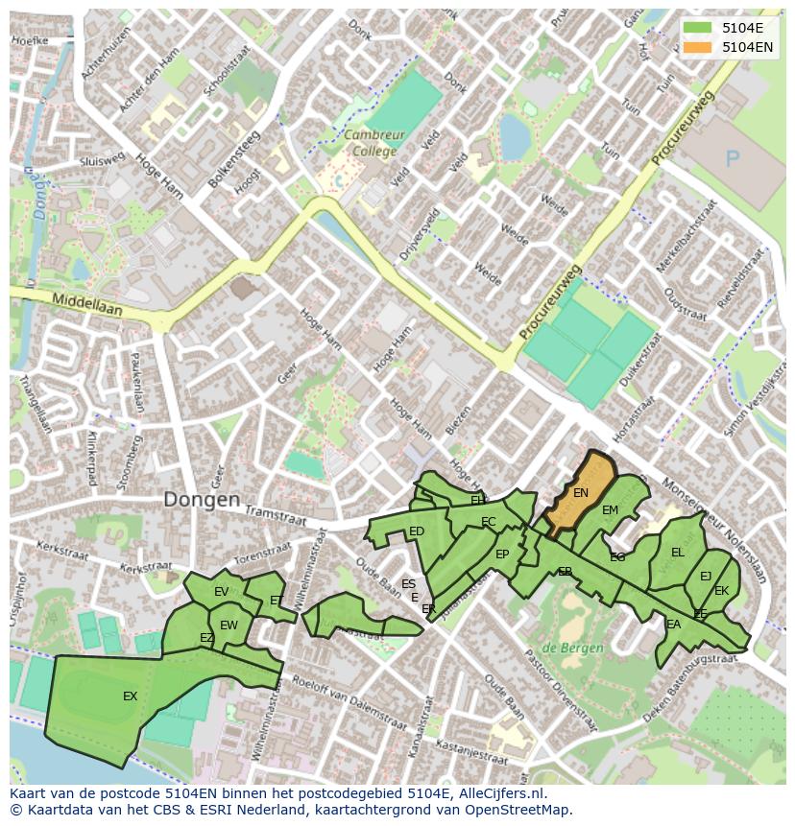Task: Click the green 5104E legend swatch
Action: (698, 28)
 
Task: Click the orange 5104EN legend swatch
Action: (698, 46)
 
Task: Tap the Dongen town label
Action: (202, 500)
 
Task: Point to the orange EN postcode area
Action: (580, 493)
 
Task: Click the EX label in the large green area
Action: (131, 696)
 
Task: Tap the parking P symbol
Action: (734, 158)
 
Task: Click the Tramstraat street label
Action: (277, 516)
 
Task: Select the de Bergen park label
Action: (572, 648)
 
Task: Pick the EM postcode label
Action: (610, 510)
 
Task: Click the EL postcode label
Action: (678, 553)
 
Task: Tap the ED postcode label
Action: (417, 531)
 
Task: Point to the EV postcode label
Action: (221, 592)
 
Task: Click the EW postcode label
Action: (229, 625)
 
